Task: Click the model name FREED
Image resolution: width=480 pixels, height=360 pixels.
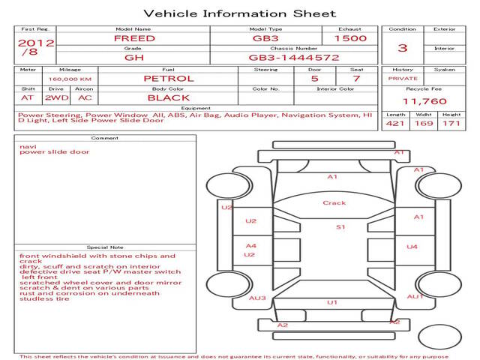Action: tap(134, 38)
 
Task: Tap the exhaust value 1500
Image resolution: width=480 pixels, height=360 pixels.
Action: tap(350, 38)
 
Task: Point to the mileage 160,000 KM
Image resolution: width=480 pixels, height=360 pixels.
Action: tap(70, 79)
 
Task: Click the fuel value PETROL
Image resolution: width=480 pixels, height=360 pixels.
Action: tap(169, 78)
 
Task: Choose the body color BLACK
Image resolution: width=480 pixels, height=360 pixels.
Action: tap(169, 97)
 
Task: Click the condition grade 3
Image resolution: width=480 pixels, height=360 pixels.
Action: tap(403, 48)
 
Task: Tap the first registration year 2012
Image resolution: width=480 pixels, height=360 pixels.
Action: tap(35, 43)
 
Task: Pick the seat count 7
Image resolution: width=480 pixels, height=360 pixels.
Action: tap(356, 78)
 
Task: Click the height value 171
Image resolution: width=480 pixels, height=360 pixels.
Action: tap(451, 123)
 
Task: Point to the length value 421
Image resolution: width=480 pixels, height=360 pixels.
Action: tap(395, 123)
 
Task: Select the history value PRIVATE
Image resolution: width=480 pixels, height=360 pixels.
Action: tap(403, 78)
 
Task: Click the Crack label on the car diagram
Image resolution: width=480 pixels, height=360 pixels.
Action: tap(334, 202)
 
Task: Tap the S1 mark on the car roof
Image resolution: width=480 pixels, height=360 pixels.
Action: tap(340, 226)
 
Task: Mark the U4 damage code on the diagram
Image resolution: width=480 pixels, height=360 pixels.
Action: tap(412, 247)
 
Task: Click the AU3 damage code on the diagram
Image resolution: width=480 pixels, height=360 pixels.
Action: tap(257, 298)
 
